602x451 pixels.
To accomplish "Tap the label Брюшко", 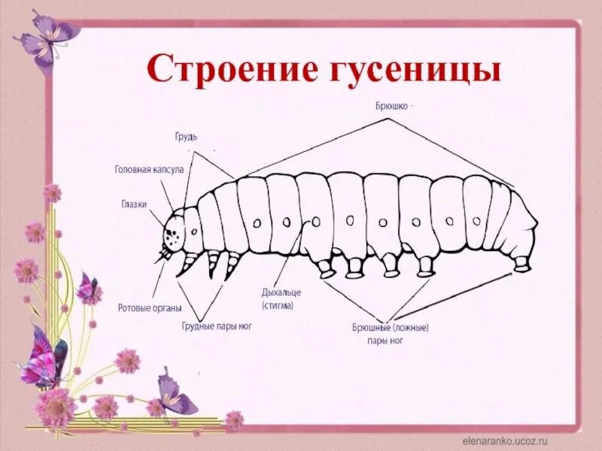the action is click(392, 106).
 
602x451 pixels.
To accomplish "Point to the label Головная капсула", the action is click(149, 170).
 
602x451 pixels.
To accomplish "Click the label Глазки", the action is click(133, 204).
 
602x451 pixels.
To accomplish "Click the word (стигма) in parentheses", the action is click(278, 306).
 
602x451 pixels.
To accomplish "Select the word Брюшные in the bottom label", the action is click(372, 327).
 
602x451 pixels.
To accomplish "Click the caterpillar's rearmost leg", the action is click(521, 263).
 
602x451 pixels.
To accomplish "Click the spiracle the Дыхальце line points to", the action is click(316, 221).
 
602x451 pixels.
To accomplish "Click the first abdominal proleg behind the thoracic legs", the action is click(325, 267).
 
